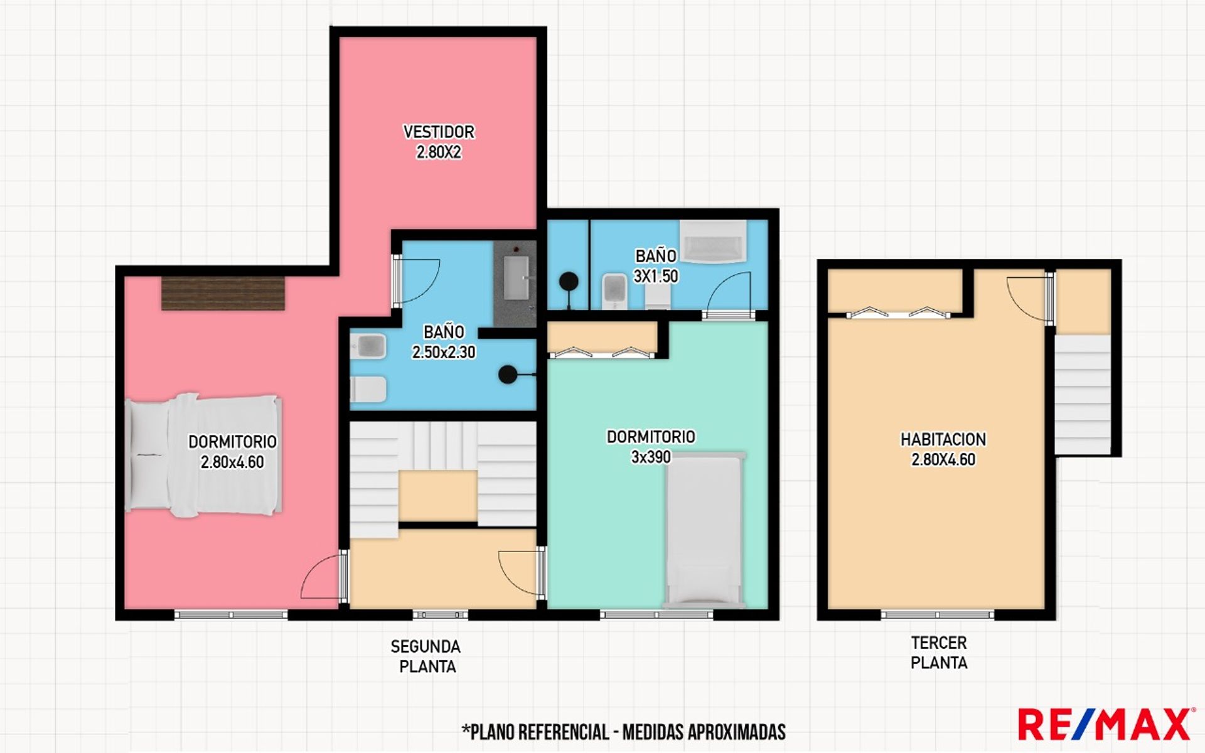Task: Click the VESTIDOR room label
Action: tap(439, 132)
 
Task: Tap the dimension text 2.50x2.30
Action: tap(443, 352)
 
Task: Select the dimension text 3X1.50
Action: tap(656, 276)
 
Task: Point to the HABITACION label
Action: tap(943, 439)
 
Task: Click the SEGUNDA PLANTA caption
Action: tap(426, 656)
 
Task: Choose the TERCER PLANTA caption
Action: tap(939, 653)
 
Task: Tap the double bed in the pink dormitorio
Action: tap(203, 455)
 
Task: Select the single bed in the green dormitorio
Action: tap(704, 530)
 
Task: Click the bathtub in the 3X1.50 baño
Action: tap(714, 241)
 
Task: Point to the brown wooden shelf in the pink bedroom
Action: tap(223, 293)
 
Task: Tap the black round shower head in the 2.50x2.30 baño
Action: tap(508, 375)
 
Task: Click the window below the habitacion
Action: tap(937, 614)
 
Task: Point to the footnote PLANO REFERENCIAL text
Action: tap(624, 732)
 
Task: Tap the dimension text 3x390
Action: tap(651, 457)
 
